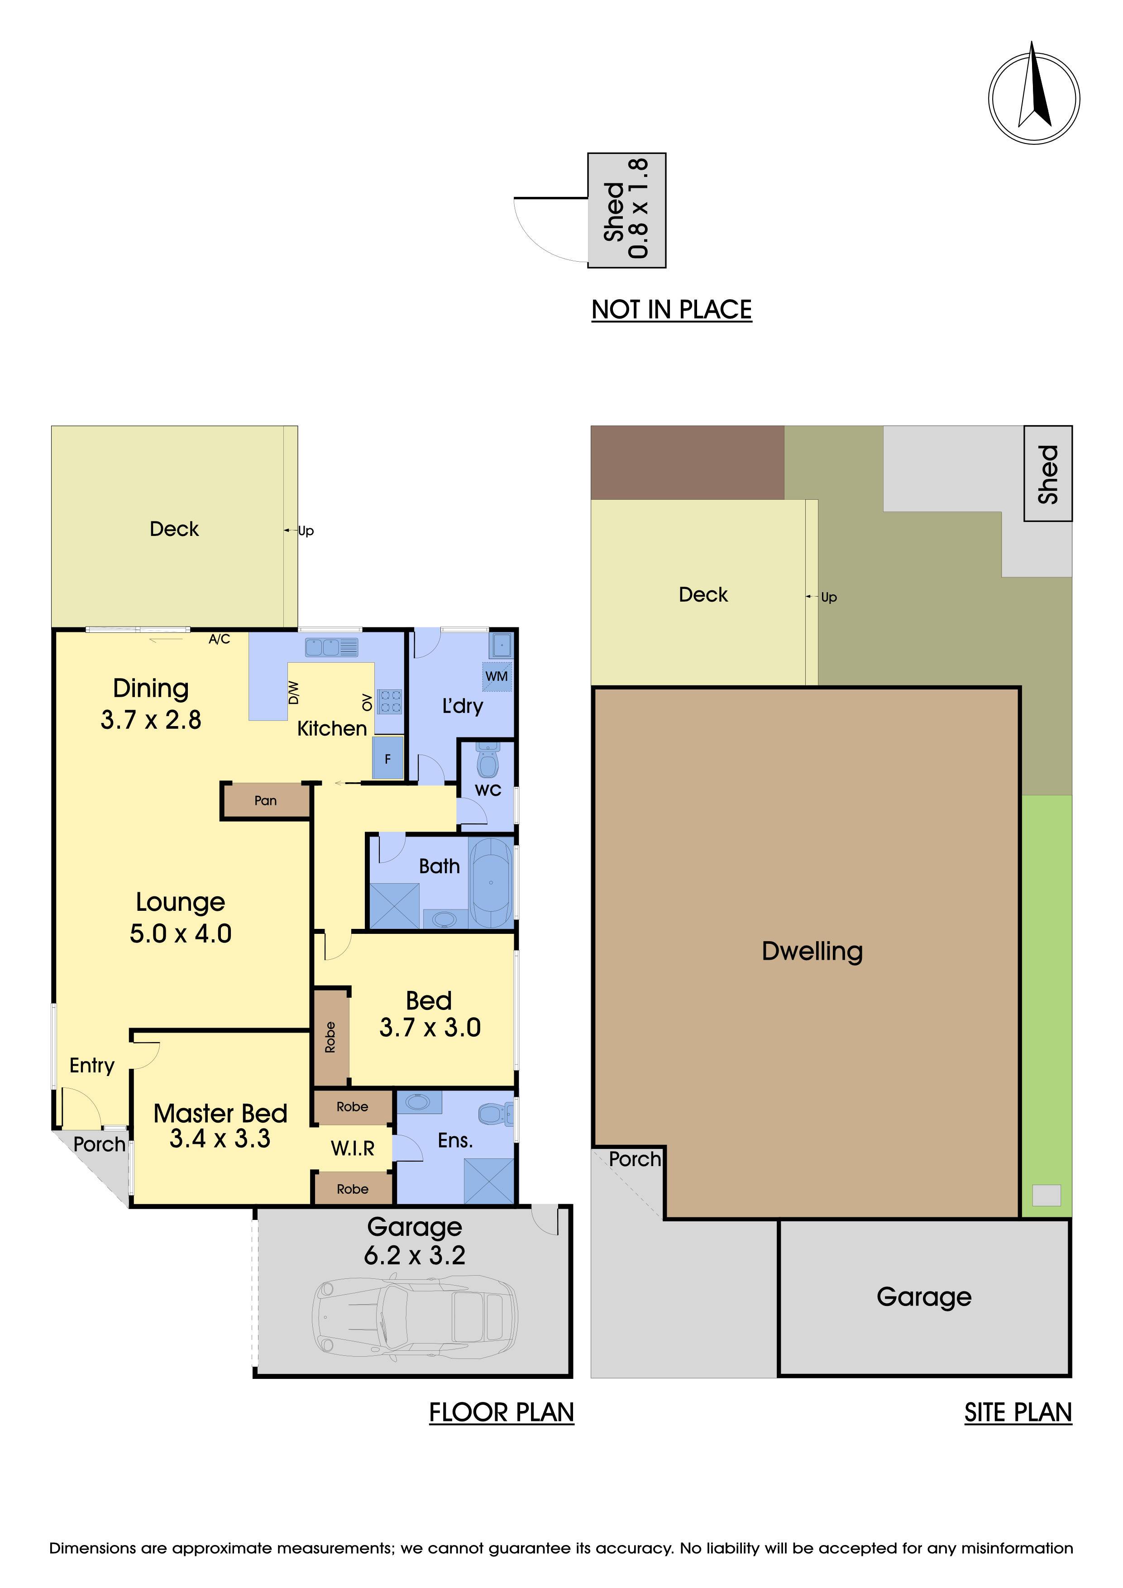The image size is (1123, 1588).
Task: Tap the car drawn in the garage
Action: coord(416,1320)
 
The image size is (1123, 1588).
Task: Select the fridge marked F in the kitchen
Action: coord(387,758)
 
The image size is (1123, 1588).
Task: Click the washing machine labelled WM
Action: coord(497,676)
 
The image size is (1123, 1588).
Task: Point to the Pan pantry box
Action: coord(266,801)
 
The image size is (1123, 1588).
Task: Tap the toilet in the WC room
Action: coord(488,760)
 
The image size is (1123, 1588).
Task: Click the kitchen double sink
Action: coord(332,647)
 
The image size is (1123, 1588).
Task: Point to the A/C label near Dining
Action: coord(219,639)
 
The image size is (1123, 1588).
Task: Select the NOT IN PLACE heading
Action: coord(671,309)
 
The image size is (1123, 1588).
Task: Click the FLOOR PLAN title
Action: coord(502,1411)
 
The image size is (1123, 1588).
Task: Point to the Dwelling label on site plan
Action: coord(812,951)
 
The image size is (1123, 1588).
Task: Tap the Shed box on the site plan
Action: coord(1047,474)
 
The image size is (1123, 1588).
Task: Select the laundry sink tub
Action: coord(501,645)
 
